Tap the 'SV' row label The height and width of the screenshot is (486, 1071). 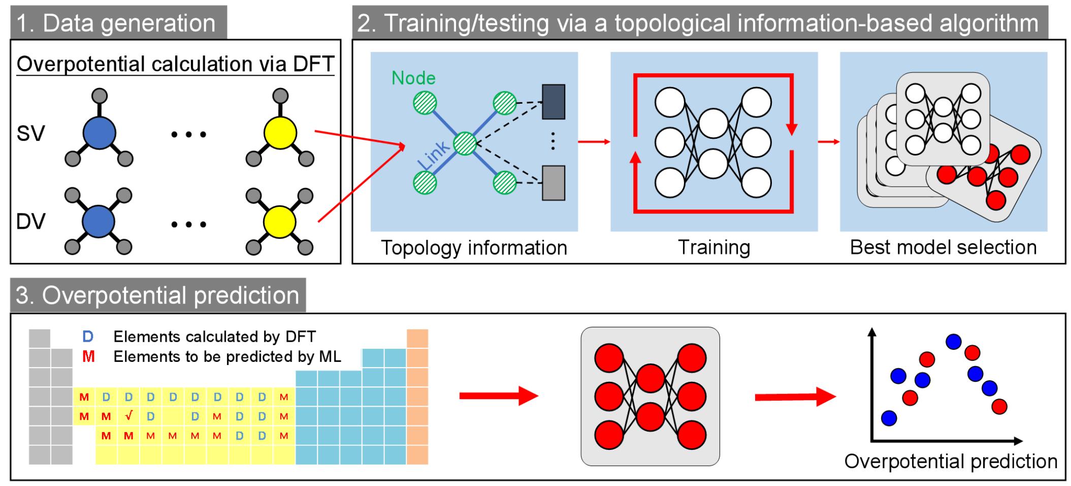30,134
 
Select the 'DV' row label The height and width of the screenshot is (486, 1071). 30,222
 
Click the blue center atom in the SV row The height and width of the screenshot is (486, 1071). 100,133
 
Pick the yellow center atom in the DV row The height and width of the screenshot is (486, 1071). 279,222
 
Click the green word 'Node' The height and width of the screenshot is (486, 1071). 413,78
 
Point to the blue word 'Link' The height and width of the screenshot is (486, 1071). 433,155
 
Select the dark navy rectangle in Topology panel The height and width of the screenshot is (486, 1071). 554,102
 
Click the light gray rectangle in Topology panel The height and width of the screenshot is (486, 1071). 554,183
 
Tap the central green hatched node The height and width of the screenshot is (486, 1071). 464,143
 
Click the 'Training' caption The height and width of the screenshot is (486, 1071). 714,248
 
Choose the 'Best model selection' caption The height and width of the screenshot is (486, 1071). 943,248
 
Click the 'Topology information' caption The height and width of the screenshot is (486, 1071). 474,248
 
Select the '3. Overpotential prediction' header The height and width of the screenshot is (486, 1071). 157,295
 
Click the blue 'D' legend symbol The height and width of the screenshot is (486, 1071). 88,337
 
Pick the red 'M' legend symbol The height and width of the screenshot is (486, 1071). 88,357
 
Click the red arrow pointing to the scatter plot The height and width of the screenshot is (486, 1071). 794,397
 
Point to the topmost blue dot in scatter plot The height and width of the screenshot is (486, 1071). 953,341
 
